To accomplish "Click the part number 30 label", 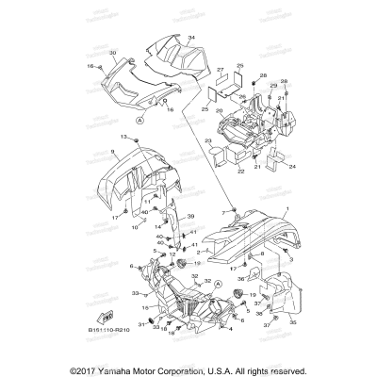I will [x=112, y=53].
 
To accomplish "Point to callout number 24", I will [x=292, y=166].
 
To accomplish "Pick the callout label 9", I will [x=111, y=151].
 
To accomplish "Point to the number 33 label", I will [x=134, y=294].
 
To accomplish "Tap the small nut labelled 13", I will [x=137, y=141].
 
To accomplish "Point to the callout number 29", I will [x=272, y=86].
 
